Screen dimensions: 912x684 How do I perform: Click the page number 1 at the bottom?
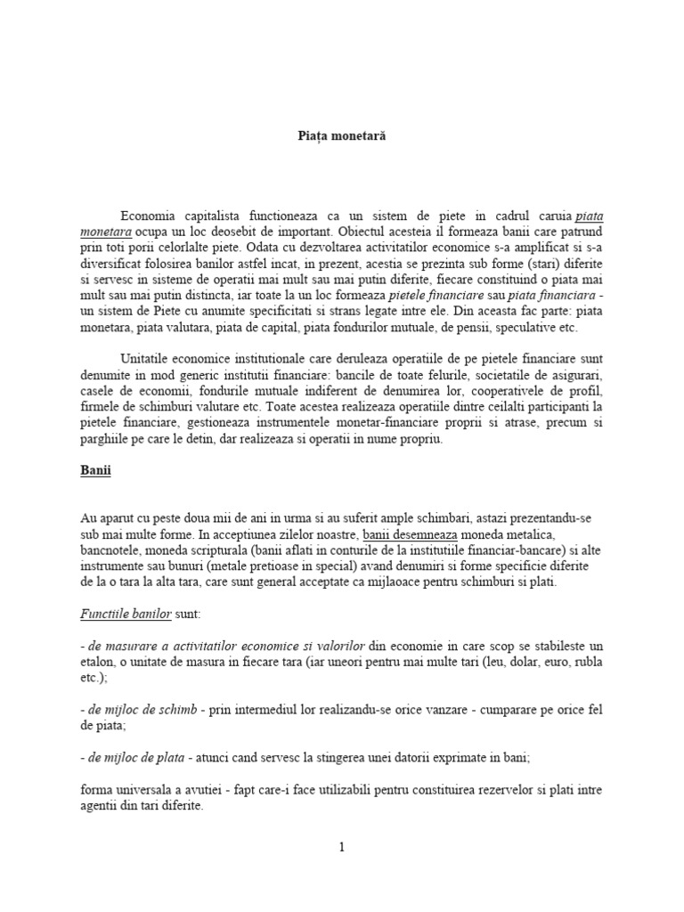[341, 847]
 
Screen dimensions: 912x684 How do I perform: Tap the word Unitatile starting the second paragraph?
[145, 357]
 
